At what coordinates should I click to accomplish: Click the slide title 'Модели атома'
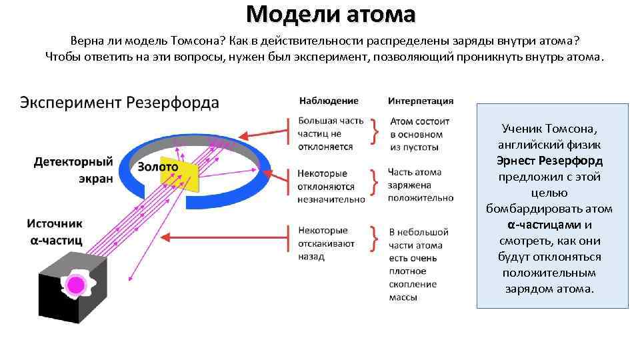click(x=330, y=13)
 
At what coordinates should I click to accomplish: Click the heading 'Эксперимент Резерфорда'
click(x=119, y=103)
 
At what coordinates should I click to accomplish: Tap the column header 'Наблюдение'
click(x=328, y=101)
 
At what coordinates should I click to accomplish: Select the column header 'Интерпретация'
click(x=420, y=101)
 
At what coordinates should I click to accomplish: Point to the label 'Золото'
click(x=157, y=167)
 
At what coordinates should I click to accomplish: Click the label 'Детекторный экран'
click(x=73, y=170)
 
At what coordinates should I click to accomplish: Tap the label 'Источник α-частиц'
click(x=55, y=230)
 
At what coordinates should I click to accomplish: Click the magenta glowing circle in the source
click(x=76, y=285)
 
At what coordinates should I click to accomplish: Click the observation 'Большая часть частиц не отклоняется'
click(x=331, y=133)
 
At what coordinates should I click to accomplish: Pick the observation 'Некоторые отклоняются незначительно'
click(x=331, y=186)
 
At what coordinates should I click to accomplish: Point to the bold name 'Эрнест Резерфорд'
click(x=549, y=161)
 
